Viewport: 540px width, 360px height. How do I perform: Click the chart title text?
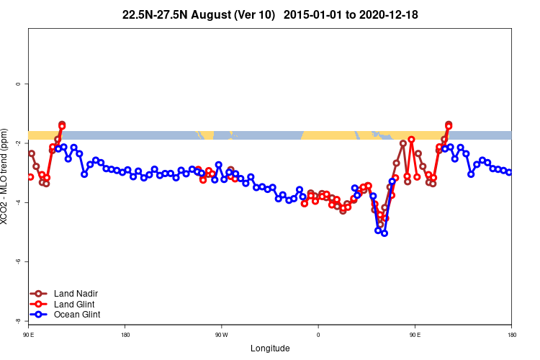point(270,14)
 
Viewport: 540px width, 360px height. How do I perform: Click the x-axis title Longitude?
point(270,348)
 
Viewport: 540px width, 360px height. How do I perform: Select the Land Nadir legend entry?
point(76,294)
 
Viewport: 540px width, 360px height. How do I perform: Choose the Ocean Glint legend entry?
point(77,315)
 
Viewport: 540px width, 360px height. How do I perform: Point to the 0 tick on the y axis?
point(18,84)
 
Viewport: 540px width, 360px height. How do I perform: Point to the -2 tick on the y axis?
point(18,143)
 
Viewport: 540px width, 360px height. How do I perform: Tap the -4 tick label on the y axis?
point(18,202)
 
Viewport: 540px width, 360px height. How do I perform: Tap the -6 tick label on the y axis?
point(18,261)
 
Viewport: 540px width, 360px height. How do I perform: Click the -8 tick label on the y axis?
point(18,320)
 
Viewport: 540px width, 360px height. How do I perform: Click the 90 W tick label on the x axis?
point(221,335)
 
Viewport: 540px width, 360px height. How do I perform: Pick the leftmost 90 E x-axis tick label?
point(28,335)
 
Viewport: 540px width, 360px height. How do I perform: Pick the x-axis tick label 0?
point(318,335)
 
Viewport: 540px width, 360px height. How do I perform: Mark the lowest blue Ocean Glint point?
point(384,233)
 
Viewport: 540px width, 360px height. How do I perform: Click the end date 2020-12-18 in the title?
point(382,14)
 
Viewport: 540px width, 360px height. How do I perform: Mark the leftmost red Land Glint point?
point(30,177)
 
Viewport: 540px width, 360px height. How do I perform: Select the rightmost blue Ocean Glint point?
point(509,172)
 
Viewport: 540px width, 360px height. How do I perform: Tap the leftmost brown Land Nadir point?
point(32,153)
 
